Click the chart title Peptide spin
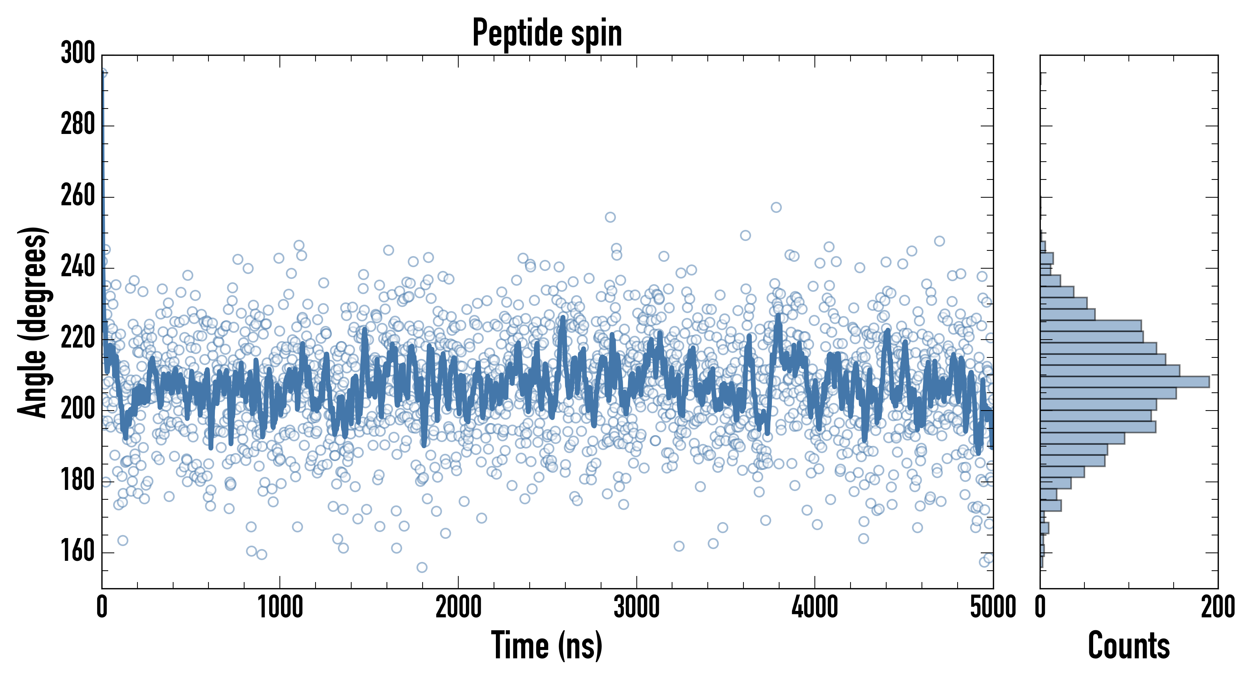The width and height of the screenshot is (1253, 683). [547, 33]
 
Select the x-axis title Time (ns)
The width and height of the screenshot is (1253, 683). [547, 645]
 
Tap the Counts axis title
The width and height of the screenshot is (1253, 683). [1129, 645]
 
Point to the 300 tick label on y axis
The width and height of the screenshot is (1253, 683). [78, 54]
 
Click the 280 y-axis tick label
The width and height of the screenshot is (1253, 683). [78, 126]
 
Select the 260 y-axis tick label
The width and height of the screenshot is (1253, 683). [78, 197]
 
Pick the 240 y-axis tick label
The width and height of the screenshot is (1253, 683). [78, 268]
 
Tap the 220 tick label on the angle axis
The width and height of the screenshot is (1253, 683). [78, 339]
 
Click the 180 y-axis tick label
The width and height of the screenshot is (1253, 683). [78, 481]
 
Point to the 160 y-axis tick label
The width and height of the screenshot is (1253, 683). [78, 552]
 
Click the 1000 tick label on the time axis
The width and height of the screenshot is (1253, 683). [280, 607]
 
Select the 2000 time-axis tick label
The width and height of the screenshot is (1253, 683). [458, 607]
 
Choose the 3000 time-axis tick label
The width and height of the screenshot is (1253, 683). [636, 607]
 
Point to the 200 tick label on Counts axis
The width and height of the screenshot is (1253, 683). [1217, 607]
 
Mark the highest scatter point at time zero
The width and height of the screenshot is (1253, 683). [103, 73]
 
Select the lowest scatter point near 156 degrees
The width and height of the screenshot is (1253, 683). [422, 567]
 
